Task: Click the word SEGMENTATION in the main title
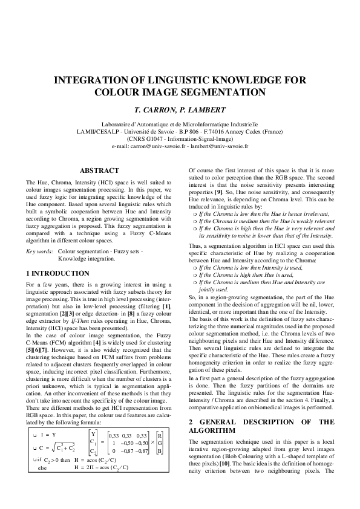click(223, 92)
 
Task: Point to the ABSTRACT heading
click(99, 171)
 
